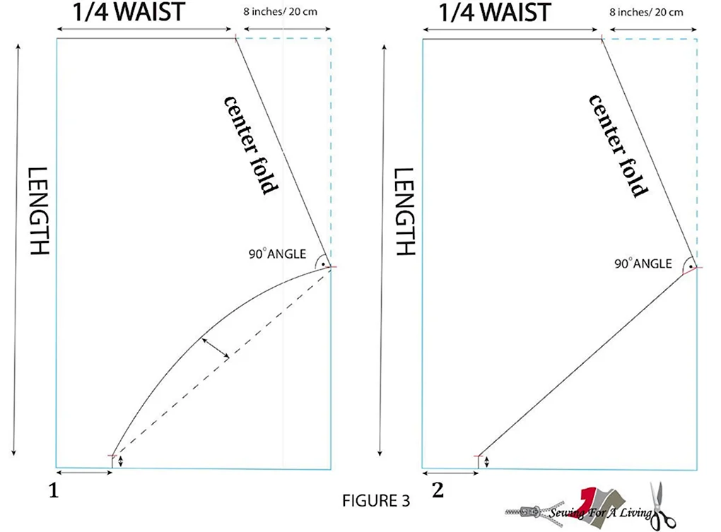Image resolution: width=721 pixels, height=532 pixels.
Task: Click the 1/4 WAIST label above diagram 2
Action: pos(495,12)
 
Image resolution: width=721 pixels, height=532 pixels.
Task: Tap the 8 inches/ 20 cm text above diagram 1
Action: pos(280,11)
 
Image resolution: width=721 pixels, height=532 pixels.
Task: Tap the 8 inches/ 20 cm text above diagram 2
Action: pos(646,12)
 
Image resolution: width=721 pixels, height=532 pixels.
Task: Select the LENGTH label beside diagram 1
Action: pos(39,211)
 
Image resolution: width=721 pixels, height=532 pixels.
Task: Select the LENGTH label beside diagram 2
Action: pos(404,211)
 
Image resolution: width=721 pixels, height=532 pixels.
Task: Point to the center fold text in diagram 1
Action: pos(251,145)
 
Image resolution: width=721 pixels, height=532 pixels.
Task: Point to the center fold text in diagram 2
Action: pos(619,146)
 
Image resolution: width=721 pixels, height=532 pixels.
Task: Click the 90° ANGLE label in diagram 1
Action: pos(277,254)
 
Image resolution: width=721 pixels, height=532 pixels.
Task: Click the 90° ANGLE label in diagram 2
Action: pos(643,264)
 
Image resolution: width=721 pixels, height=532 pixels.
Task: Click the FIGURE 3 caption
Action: pos(375,500)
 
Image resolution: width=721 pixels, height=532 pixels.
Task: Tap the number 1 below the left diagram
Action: pos(54,491)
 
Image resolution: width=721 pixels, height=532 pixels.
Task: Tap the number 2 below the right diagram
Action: pos(438,490)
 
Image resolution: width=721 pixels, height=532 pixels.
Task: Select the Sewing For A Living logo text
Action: pos(599,512)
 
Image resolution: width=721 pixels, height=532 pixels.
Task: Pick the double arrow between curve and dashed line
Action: pos(216,348)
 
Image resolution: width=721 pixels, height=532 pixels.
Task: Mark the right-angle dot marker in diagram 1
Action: pos(323,264)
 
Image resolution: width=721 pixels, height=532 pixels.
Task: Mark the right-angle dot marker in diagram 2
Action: pos(691,266)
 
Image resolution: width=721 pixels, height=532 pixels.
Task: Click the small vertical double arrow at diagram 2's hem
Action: pos(486,462)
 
